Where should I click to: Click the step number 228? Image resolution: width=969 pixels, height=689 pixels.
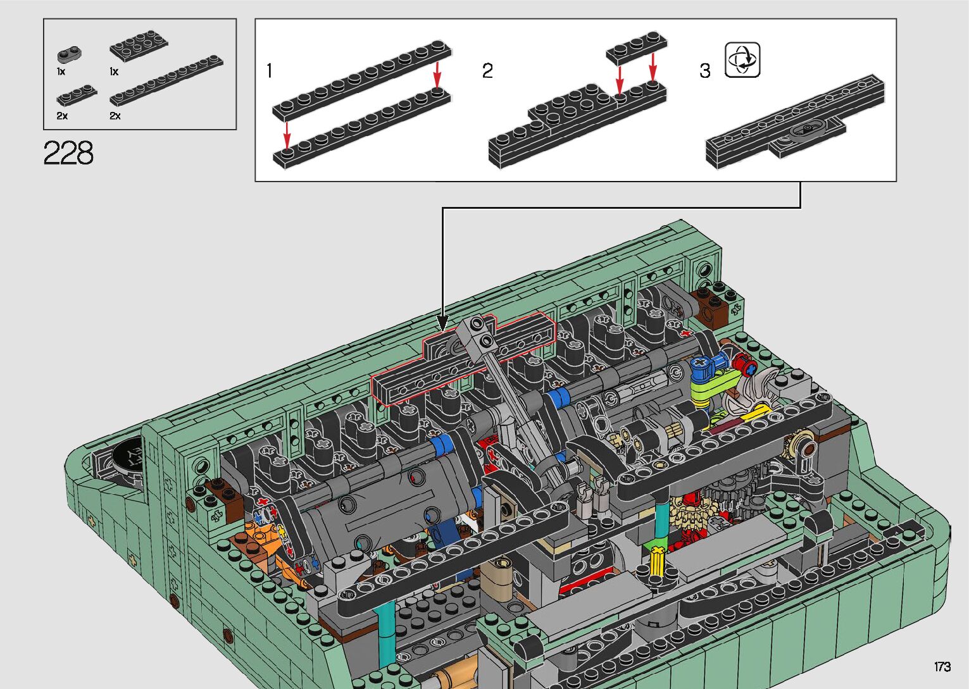tap(68, 152)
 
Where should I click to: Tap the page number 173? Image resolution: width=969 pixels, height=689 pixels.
tap(942, 666)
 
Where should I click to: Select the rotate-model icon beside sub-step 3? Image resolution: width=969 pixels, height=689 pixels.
tap(742, 59)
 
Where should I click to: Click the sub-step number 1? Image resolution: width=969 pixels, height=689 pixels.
tap(270, 70)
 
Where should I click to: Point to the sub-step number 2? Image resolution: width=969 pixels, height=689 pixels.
tap(487, 70)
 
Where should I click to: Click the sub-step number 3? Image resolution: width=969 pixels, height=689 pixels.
tap(705, 70)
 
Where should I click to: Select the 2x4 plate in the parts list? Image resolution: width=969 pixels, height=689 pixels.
tap(139, 46)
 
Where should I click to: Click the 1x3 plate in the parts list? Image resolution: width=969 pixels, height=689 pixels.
tap(77, 95)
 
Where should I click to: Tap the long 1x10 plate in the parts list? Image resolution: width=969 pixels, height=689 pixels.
tap(166, 81)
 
